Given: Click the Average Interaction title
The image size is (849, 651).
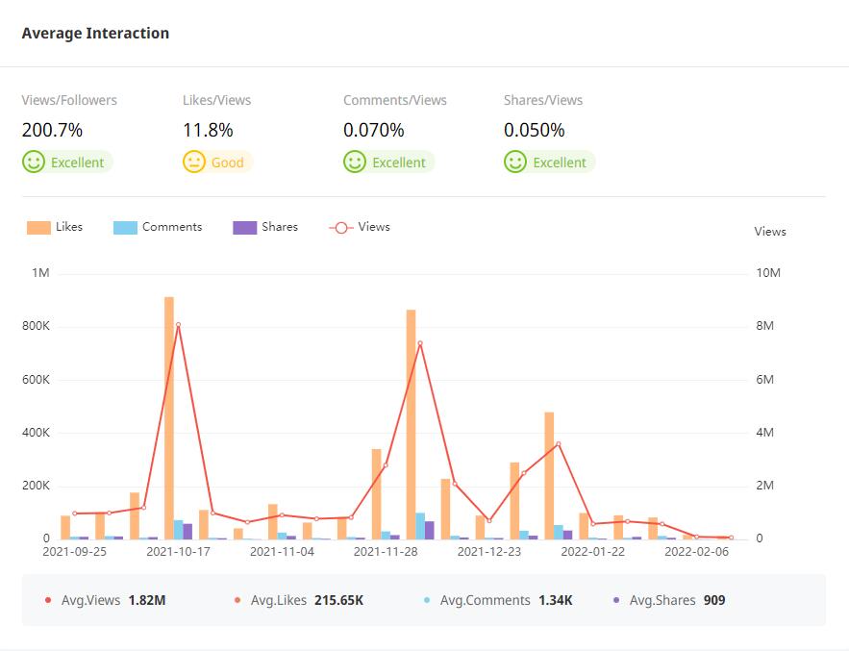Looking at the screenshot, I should pos(95,34).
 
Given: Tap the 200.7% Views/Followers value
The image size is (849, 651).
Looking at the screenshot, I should pos(52,130).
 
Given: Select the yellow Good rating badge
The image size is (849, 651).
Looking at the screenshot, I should pos(217,163).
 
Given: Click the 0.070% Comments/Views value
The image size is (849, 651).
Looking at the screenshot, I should pos(373,130).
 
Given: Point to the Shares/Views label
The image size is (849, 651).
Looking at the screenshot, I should pos(543,100).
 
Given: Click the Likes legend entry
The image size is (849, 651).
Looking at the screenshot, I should pos(56,228).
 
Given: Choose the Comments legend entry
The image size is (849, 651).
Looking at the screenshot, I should pos(159,228).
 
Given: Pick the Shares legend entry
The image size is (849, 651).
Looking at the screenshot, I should pos(266,228).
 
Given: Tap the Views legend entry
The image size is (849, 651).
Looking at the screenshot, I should pos(361,228).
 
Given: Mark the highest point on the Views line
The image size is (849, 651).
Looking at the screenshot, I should pos(178,325).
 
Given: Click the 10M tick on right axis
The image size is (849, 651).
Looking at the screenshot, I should pos(769,274).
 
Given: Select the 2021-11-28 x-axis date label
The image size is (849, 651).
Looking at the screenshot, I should pos(386,552).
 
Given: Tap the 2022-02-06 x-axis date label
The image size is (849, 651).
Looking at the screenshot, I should pos(697,552).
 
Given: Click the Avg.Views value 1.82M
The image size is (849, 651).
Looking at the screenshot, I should pos(147,600).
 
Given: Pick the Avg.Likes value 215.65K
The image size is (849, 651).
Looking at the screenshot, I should pos(338,600).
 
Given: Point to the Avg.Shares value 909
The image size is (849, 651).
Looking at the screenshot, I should pos(714,600).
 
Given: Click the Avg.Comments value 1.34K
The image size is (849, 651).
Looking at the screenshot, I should pos(555,600).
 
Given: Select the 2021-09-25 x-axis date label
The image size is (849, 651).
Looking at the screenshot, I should pos(75,552).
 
